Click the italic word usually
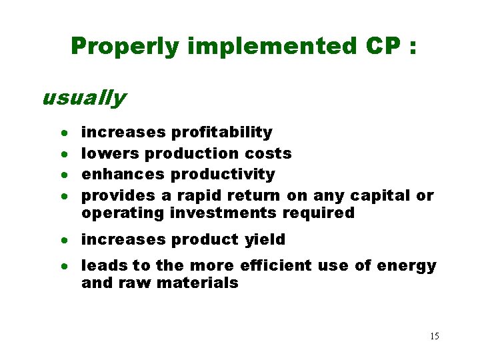83,98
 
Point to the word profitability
221,133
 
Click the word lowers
110,153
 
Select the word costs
268,153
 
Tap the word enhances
123,174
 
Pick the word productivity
223,174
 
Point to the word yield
265,239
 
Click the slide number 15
434,336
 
